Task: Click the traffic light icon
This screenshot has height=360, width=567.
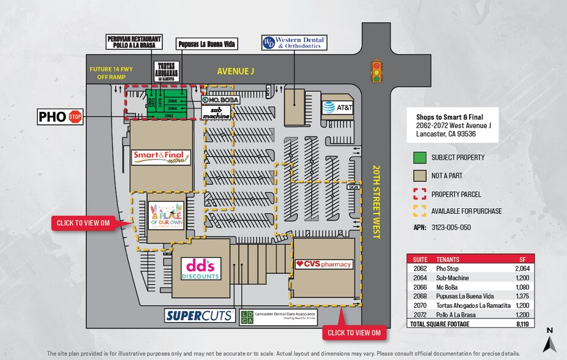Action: click(376, 71)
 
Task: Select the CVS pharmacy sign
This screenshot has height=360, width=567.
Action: click(324, 264)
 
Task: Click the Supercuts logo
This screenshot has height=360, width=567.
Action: click(200, 315)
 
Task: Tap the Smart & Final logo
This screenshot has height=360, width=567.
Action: click(162, 157)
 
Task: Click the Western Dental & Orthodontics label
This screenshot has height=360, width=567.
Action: click(295, 42)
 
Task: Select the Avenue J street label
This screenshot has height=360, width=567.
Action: click(235, 72)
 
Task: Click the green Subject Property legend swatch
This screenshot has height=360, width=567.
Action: click(420, 157)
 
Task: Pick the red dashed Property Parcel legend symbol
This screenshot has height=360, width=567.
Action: click(420, 194)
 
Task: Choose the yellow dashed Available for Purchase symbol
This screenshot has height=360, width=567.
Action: click(420, 211)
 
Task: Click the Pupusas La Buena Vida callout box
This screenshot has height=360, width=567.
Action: click(206, 44)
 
